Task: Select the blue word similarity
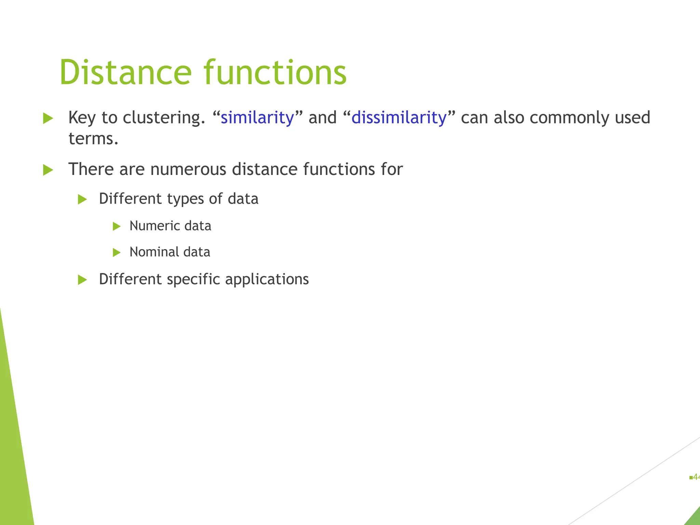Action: tap(257, 118)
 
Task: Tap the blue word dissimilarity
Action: tap(399, 118)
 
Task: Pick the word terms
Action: tap(93, 138)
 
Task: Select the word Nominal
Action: tap(154, 252)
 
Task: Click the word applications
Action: tap(267, 279)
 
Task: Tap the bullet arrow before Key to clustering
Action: tap(48, 118)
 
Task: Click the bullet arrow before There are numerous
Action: tap(48, 170)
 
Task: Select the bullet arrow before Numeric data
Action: tap(117, 226)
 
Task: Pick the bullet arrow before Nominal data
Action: tap(117, 253)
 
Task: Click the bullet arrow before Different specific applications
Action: tap(82, 280)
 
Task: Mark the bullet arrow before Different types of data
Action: tap(82, 199)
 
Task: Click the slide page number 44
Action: tap(696, 477)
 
